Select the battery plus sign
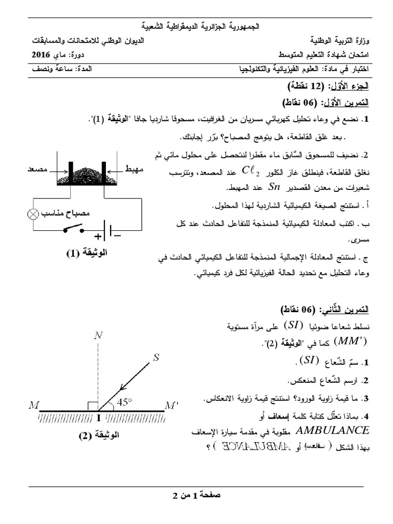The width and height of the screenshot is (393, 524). pyautogui.click(x=97, y=236)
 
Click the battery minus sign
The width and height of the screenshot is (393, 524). pyautogui.click(x=117, y=236)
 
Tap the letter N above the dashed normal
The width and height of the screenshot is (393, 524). pyautogui.click(x=98, y=336)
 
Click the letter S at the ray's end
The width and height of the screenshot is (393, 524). pyautogui.click(x=157, y=357)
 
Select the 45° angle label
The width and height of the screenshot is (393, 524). pyautogui.click(x=124, y=403)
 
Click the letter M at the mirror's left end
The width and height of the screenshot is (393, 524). pyautogui.click(x=35, y=406)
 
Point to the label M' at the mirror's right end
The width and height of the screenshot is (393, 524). pyautogui.click(x=171, y=406)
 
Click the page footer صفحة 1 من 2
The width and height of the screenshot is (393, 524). pyautogui.click(x=196, y=495)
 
